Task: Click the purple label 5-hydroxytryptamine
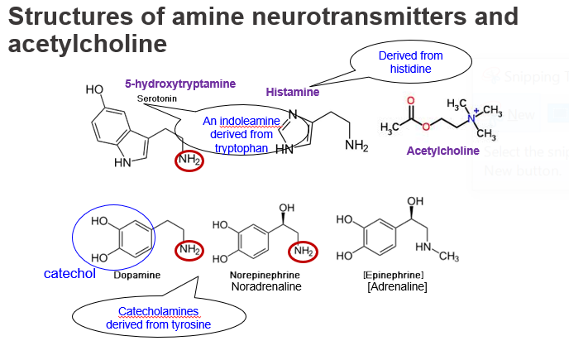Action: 180,84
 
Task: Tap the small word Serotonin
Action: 156,98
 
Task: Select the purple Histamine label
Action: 292,92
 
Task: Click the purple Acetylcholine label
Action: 442,151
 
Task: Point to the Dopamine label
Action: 136,274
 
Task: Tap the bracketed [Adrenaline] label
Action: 397,286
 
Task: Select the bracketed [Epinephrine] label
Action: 394,274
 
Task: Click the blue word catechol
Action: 70,273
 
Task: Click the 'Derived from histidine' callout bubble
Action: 410,62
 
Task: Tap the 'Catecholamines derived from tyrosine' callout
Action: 159,318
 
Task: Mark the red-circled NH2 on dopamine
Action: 188,250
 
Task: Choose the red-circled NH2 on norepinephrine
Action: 302,250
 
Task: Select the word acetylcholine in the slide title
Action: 87,44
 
